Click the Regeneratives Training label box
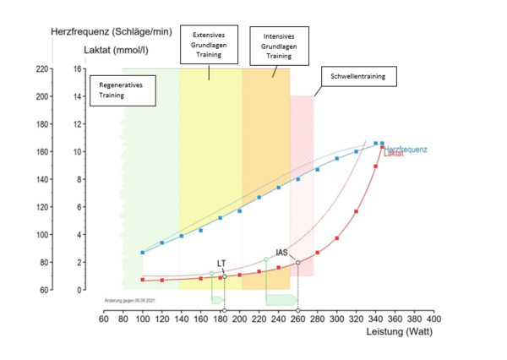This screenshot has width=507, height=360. [122, 90]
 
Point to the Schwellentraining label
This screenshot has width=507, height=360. [357, 77]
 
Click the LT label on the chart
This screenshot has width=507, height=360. [221, 263]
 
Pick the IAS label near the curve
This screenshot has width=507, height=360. [282, 252]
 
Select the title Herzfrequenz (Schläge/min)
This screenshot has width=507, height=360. [112, 31]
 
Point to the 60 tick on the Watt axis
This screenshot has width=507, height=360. [103, 319]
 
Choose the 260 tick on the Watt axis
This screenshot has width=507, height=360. [298, 319]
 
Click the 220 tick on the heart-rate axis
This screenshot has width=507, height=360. [43, 69]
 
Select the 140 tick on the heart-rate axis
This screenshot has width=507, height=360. [43, 180]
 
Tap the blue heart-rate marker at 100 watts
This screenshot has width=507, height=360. [143, 252]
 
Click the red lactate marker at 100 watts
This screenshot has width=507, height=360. [143, 280]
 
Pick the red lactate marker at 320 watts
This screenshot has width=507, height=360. [357, 211]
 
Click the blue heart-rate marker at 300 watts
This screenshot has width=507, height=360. [337, 158]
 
